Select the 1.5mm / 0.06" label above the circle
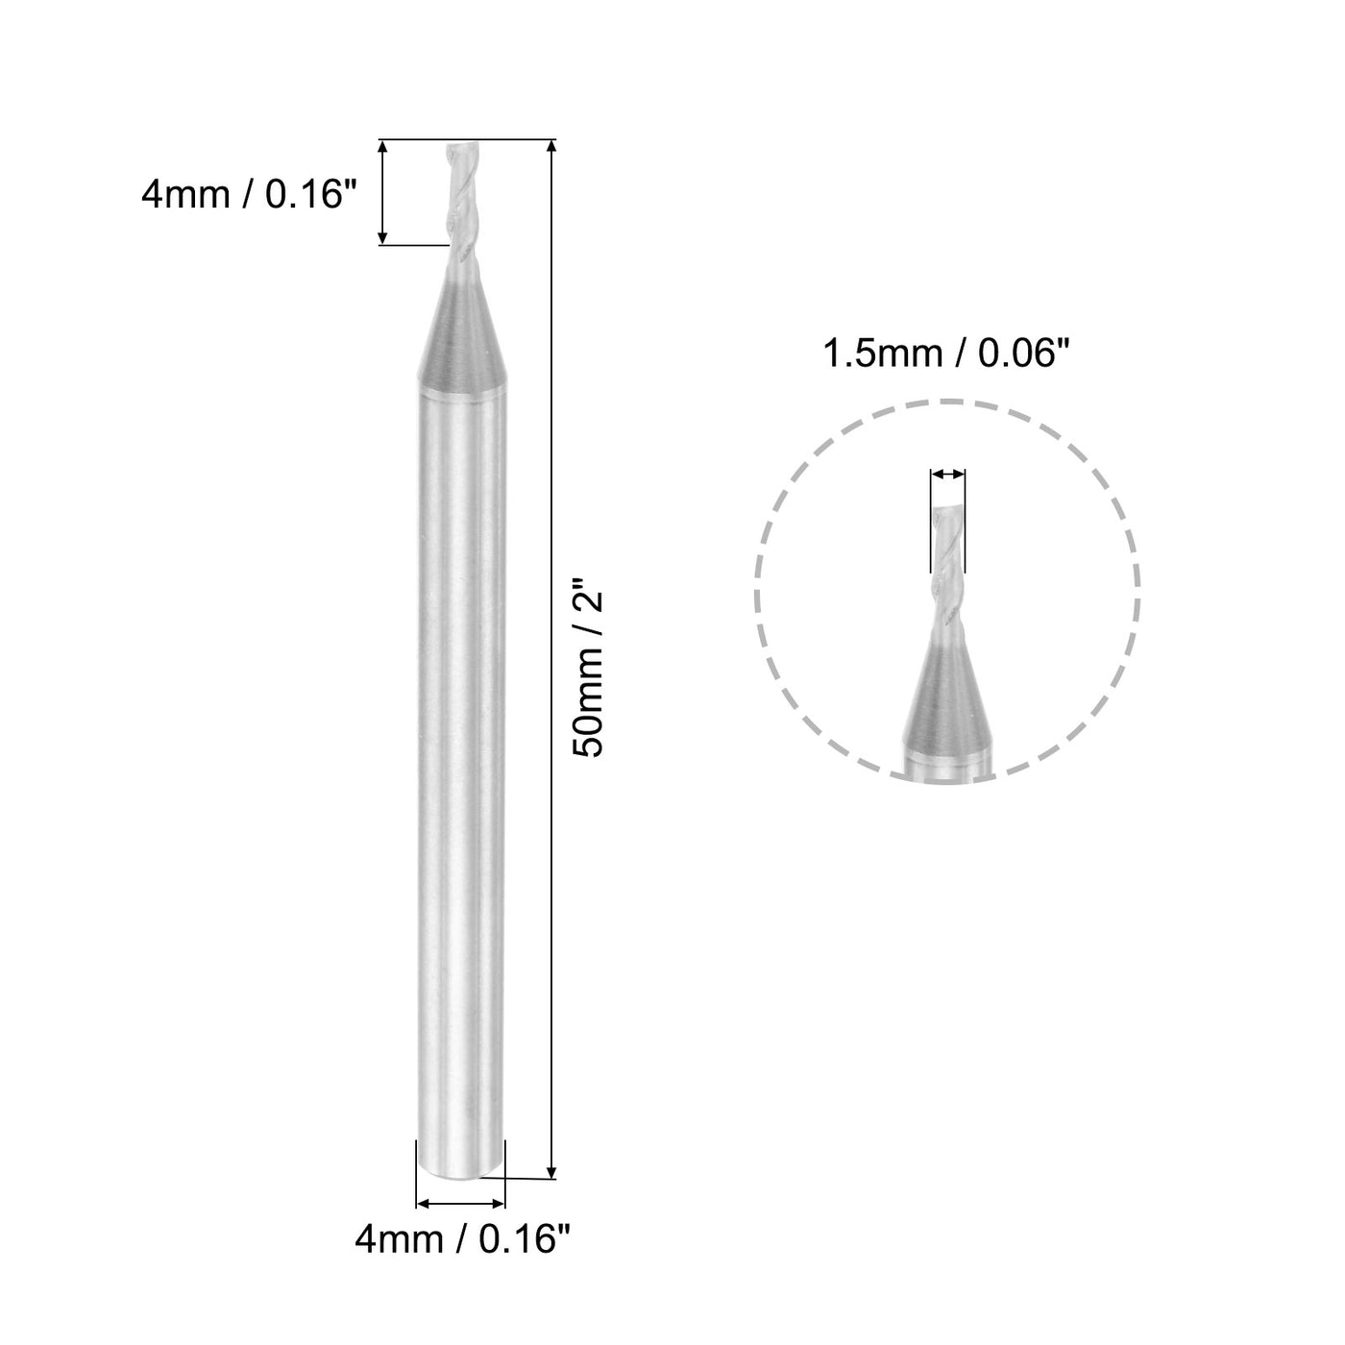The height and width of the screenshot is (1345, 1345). click(x=945, y=355)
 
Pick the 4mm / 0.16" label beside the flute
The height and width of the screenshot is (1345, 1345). click(x=249, y=195)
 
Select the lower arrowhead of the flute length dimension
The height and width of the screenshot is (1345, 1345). click(x=383, y=237)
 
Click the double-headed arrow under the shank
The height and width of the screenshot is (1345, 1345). click(x=460, y=1203)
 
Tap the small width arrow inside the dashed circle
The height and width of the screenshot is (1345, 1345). click(x=947, y=475)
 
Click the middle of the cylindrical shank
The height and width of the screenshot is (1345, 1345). click(x=460, y=769)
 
